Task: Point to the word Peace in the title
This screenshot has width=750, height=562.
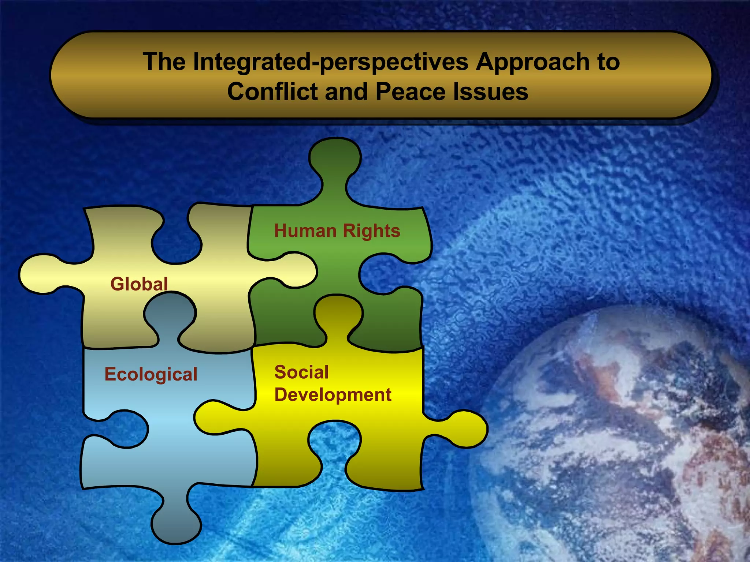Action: pos(411,91)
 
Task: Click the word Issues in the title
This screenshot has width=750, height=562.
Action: pos(491,91)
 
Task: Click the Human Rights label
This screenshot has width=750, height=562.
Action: pos(337,231)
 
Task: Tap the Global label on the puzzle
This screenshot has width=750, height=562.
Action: pos(139,284)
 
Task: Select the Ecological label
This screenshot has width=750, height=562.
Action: pos(151,374)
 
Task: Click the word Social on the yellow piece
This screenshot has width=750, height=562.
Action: pos(302,372)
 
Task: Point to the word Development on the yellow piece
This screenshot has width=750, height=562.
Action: pos(333,395)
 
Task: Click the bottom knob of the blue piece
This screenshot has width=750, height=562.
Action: pos(176,523)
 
